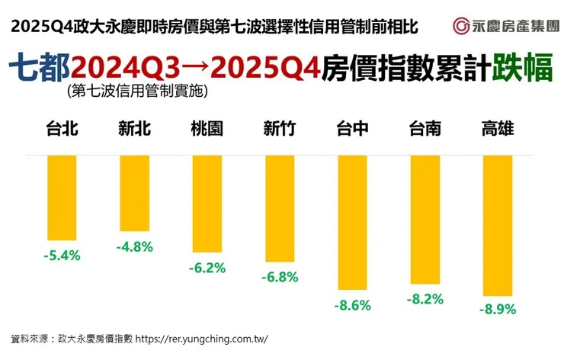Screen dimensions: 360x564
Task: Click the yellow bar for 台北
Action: [62, 198]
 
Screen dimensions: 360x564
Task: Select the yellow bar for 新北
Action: [134, 192]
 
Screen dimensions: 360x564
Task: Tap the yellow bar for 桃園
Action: [207, 204]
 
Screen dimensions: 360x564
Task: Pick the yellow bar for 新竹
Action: [279, 208]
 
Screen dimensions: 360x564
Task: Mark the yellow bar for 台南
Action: [425, 220]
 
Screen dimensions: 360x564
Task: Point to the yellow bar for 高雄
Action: [497, 225]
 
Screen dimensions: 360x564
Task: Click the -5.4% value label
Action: [62, 255]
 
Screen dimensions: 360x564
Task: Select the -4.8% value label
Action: [135, 246]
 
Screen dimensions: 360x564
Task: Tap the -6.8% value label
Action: [280, 277]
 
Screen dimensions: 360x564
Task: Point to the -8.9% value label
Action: [498, 310]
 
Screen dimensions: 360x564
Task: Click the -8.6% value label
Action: [352, 305]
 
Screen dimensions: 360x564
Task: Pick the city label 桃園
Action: [207, 129]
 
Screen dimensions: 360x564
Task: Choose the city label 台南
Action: [425, 129]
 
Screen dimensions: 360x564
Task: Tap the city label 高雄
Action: [497, 129]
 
